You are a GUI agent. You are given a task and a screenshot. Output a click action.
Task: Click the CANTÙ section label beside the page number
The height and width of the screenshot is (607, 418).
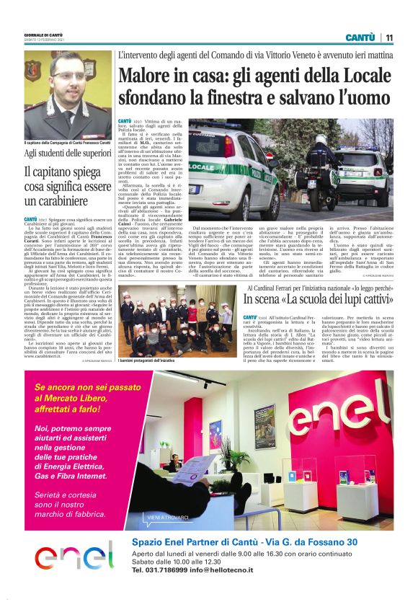pos(360,37)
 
